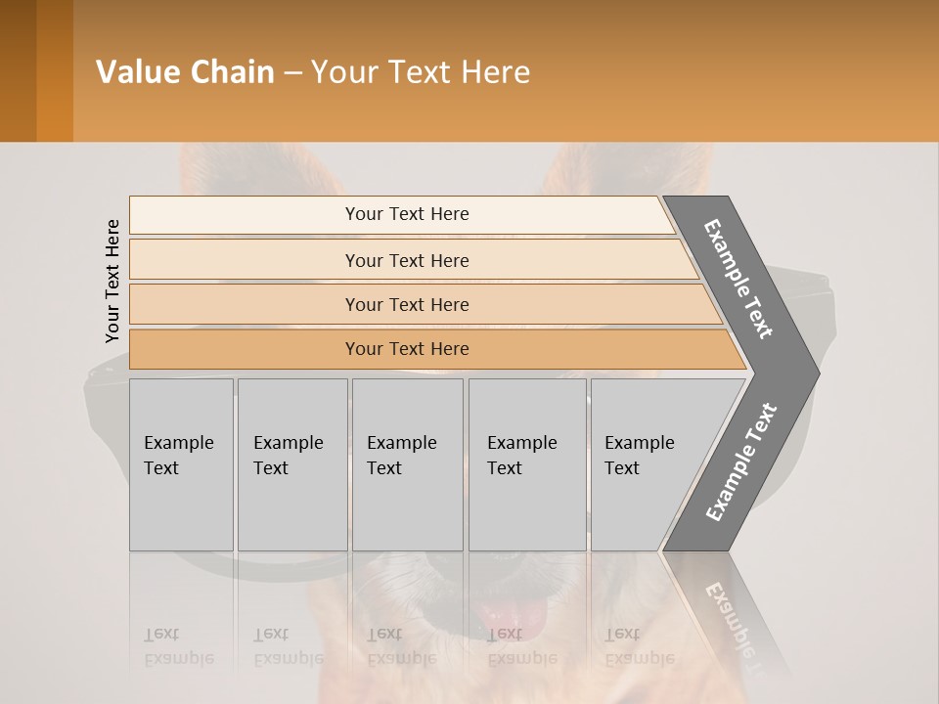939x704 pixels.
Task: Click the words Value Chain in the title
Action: click(x=185, y=72)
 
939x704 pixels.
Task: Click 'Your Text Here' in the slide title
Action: click(x=421, y=72)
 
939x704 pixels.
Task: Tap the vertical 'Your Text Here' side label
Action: click(x=112, y=281)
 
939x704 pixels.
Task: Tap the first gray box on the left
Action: click(x=181, y=464)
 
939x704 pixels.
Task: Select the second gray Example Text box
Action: click(x=291, y=464)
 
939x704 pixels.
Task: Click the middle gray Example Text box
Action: click(x=407, y=464)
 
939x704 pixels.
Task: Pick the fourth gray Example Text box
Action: click(x=528, y=464)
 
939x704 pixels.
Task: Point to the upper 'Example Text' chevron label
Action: click(x=738, y=279)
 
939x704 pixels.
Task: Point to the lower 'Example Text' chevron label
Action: click(x=740, y=462)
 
